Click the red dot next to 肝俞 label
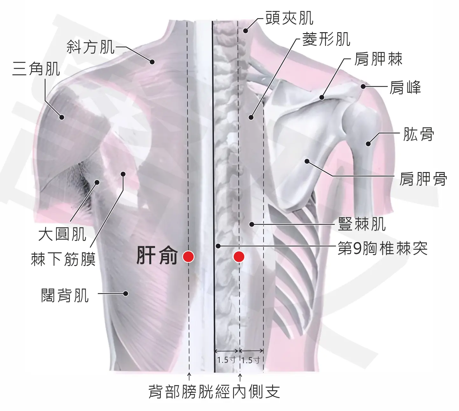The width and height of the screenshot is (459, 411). [188, 257]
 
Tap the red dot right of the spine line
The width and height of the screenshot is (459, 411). [239, 257]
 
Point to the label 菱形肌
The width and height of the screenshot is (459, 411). [326, 39]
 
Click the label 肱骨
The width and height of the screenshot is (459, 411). [419, 134]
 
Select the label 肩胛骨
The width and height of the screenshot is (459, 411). [423, 179]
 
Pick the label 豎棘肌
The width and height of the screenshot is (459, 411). [362, 224]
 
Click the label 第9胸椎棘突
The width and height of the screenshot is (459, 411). [383, 248]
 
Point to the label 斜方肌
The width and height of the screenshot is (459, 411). [91, 47]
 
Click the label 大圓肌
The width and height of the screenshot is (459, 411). [62, 234]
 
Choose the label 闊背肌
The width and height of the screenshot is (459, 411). [65, 295]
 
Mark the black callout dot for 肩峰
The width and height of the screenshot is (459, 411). [363, 86]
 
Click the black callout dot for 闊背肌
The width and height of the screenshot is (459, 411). [125, 293]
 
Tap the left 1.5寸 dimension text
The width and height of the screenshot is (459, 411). [226, 360]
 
